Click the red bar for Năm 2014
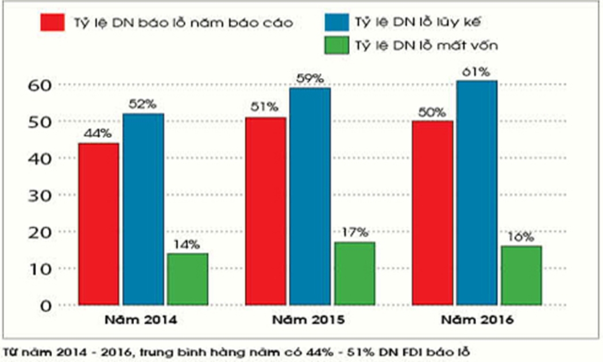click(98, 224)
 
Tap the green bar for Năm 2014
click(187, 279)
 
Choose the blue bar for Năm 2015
click(310, 196)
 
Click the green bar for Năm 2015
click(354, 273)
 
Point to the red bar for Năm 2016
click(432, 213)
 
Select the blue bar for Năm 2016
click(477, 192)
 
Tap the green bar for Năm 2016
click(521, 275)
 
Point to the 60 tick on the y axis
click(40, 85)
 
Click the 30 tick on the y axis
click(40, 195)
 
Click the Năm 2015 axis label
click(309, 320)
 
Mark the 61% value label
click(477, 72)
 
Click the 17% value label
click(354, 233)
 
